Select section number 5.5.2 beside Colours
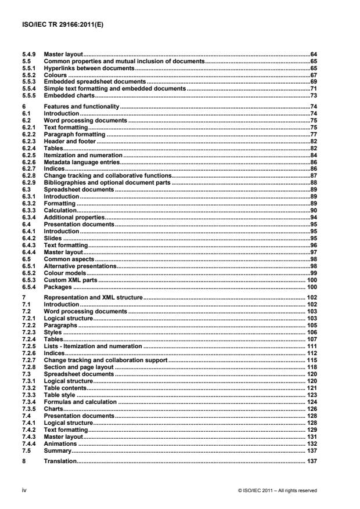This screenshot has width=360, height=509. point(28,75)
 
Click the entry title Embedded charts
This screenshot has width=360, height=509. point(69,95)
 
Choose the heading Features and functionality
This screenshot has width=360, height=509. point(81,107)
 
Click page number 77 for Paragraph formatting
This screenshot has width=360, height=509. point(312,133)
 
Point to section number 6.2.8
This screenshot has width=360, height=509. point(28,175)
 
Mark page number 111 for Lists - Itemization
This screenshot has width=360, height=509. point(311,345)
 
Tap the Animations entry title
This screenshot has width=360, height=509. point(62,443)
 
